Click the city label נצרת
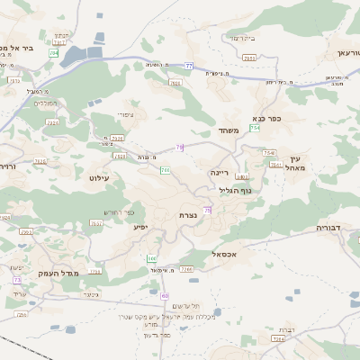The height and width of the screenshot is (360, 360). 189,216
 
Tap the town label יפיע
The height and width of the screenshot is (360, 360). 140,227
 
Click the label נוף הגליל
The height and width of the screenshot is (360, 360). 236,190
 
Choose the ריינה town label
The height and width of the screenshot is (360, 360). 220,171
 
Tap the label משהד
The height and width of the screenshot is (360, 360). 229,130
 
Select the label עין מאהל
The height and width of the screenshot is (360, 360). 297,163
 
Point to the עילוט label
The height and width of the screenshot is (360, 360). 99,178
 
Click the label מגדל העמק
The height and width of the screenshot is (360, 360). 59,273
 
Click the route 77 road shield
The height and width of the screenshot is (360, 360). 189,66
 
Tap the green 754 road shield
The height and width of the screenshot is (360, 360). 256,128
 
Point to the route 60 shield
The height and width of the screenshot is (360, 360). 165,295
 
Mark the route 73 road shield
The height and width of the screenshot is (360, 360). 17,280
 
